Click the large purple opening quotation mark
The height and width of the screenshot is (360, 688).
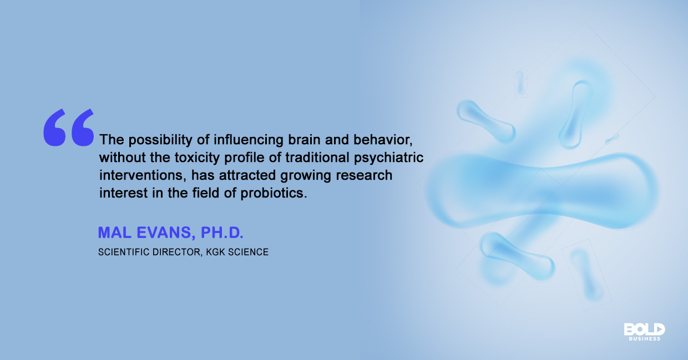(x=69, y=128)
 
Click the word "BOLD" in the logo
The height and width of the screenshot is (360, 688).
(x=644, y=329)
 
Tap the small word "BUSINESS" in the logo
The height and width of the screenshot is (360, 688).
(x=644, y=338)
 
